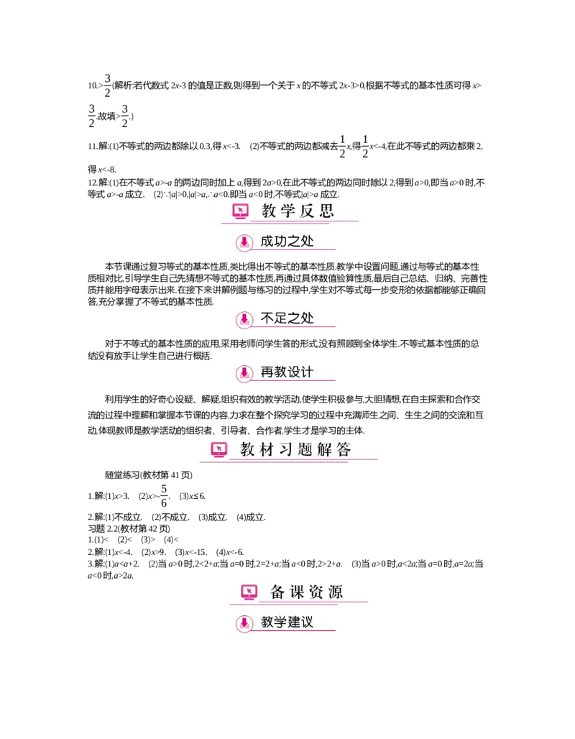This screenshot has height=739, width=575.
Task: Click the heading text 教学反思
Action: pyautogui.click(x=298, y=211)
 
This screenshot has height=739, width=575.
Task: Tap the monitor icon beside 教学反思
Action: pyautogui.click(x=240, y=211)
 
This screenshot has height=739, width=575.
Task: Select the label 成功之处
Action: pyautogui.click(x=287, y=242)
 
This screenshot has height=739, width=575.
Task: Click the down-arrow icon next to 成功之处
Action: pyautogui.click(x=244, y=242)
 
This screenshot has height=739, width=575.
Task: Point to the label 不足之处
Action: pyautogui.click(x=287, y=318)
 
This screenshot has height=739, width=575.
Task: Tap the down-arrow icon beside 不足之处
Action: pyautogui.click(x=244, y=318)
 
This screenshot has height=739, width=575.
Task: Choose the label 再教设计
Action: pyautogui.click(x=287, y=372)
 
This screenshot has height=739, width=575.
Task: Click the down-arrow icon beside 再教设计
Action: pyautogui.click(x=244, y=372)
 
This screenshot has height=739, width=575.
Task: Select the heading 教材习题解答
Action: pyautogui.click(x=295, y=450)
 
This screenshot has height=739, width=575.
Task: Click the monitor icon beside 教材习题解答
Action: pyautogui.click(x=219, y=449)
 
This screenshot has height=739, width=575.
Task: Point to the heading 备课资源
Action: pyautogui.click(x=306, y=592)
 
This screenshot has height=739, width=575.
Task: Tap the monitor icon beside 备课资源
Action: pyautogui.click(x=249, y=592)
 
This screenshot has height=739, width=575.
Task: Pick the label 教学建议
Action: pyautogui.click(x=287, y=622)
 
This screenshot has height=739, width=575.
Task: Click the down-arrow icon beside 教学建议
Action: pyautogui.click(x=244, y=623)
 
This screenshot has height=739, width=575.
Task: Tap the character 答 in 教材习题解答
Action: pyautogui.click(x=344, y=450)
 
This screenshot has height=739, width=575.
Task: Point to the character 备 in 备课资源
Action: pyautogui.click(x=278, y=592)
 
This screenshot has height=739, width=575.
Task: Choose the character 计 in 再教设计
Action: pyautogui.click(x=308, y=372)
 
